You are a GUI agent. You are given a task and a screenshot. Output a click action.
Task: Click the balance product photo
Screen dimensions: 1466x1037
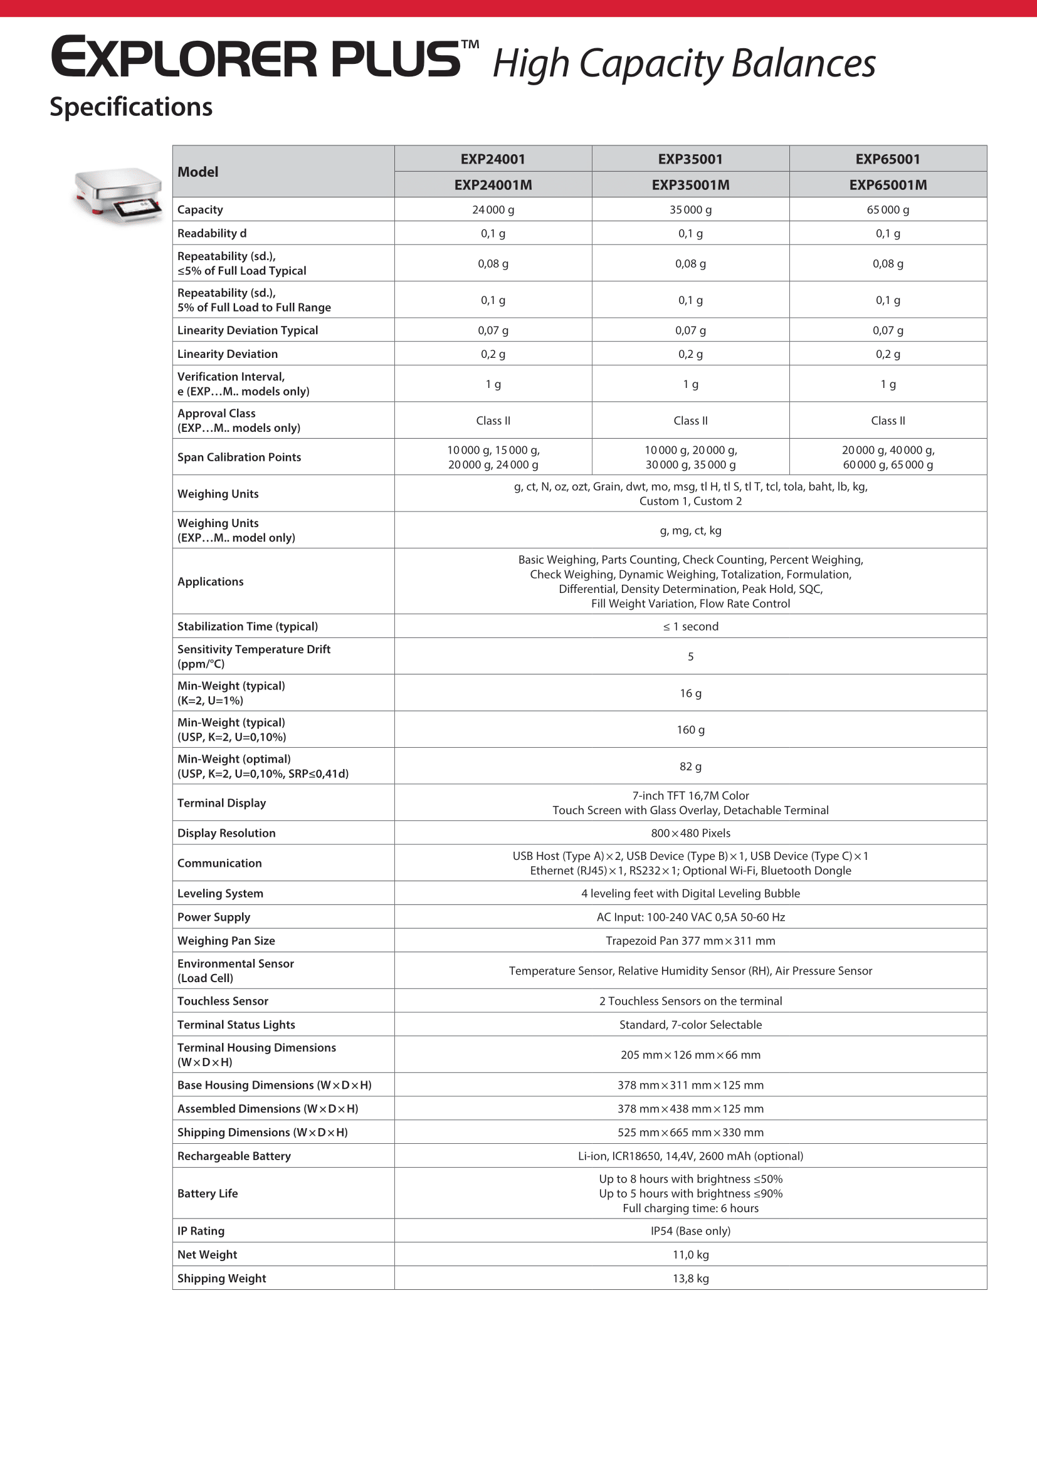click(x=118, y=195)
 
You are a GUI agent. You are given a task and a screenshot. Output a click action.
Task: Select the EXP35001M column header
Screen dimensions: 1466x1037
click(x=690, y=184)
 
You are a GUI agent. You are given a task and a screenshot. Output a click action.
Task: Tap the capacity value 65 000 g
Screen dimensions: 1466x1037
click(x=888, y=209)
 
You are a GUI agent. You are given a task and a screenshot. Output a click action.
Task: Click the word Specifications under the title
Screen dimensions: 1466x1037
click(x=131, y=107)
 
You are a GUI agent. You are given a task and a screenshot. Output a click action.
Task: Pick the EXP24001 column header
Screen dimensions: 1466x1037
click(x=493, y=159)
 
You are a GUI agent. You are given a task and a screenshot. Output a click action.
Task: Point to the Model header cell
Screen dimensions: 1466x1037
click(x=198, y=172)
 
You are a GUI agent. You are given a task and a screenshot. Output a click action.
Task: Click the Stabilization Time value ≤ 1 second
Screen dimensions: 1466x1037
click(x=690, y=626)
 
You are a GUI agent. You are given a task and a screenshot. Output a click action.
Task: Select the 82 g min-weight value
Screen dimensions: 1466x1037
click(x=690, y=766)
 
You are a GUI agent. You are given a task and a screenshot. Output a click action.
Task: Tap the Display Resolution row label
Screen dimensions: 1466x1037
click(x=227, y=833)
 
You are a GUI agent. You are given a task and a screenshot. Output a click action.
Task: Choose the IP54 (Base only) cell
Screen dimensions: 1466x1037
click(x=690, y=1231)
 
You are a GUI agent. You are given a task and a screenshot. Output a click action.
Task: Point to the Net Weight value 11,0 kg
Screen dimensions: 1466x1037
click(x=690, y=1255)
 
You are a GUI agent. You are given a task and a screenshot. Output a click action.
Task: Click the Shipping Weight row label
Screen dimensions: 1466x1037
click(x=221, y=1278)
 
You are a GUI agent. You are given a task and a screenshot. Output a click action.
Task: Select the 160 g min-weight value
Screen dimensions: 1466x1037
click(x=690, y=730)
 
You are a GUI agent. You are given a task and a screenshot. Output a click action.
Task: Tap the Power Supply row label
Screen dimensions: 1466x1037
click(x=214, y=917)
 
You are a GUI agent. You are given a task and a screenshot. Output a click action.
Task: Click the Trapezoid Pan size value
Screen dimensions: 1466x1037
click(x=690, y=941)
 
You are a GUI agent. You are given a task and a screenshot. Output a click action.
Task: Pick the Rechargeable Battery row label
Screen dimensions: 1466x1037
click(x=234, y=1156)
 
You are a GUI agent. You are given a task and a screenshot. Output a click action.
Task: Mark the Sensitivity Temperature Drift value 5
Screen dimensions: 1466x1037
click(x=690, y=656)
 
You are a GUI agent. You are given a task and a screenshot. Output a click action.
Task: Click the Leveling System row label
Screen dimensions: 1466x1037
click(x=220, y=893)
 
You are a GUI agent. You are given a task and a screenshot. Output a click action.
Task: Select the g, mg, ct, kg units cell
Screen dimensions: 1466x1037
click(x=690, y=530)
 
